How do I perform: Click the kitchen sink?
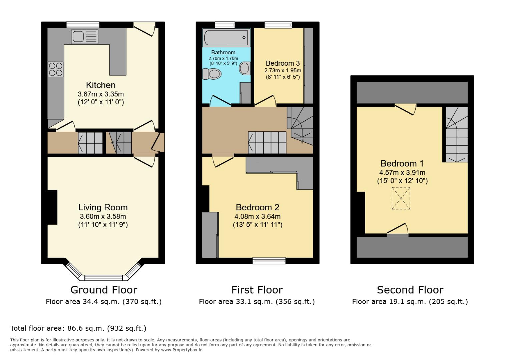click(84, 36)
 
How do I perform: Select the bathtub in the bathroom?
click(226, 38)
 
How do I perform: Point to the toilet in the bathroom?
click(212, 74)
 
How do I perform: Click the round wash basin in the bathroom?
click(245, 68)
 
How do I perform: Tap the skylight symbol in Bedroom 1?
click(401, 198)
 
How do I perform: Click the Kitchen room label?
click(101, 85)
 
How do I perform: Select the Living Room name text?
click(103, 207)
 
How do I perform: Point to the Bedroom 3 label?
click(283, 63)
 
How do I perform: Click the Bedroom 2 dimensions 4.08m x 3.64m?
click(257, 216)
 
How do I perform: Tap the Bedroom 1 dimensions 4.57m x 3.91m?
click(402, 173)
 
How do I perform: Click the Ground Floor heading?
click(103, 290)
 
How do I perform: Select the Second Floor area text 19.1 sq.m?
click(410, 302)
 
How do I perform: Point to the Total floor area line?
click(78, 328)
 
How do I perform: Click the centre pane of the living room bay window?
click(103, 277)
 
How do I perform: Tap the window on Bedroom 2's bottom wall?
click(269, 260)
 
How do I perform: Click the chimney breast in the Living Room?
click(52, 207)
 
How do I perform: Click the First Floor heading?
click(257, 290)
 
